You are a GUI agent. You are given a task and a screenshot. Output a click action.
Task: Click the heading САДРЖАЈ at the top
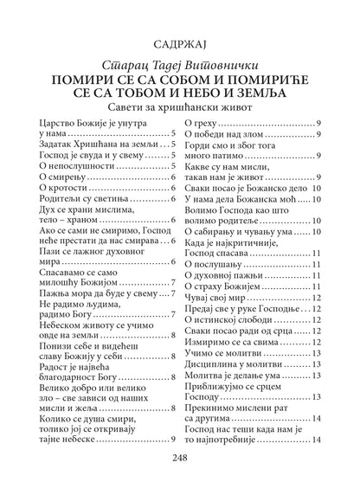coord(179,41)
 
